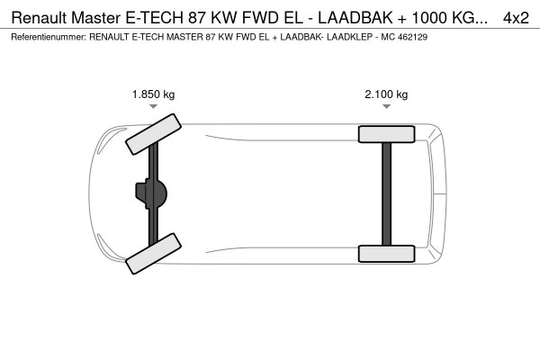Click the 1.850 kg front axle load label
coord(154,94)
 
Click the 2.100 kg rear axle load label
coord(386,94)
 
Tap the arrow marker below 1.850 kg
coord(154,107)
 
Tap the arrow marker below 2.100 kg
coord(386,107)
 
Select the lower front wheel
coord(151,257)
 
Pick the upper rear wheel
coord(386,134)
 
